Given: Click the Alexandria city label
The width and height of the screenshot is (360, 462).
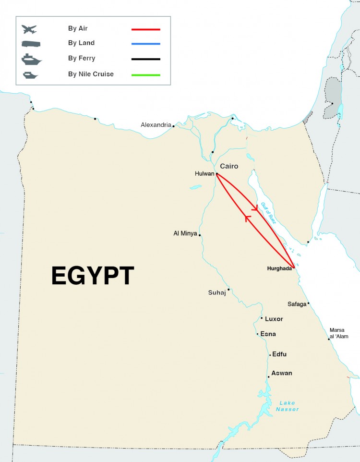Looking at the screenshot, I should tap(156, 125).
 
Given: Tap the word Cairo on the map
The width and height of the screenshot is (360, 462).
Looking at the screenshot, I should tap(229, 166).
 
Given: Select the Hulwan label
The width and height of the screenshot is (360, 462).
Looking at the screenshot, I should tap(204, 174).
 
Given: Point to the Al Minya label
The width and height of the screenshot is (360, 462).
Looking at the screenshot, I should tap(185, 233).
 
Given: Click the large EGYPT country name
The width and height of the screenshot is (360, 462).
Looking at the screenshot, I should tap(93, 276).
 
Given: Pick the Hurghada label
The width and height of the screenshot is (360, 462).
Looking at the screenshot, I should tap(279, 268).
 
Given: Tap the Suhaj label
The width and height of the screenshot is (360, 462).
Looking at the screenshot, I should tap(216, 292).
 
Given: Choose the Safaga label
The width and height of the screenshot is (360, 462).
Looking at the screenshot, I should tap(296, 304).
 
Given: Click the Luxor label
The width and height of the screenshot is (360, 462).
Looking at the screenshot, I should tap(274, 319).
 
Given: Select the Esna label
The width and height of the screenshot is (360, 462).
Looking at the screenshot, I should tap(268, 334).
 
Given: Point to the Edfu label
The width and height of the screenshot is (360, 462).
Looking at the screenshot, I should tap(279, 354).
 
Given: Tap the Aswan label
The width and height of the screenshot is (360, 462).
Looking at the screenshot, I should tap(281, 373).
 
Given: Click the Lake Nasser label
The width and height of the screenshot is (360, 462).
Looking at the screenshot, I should tap(288, 406).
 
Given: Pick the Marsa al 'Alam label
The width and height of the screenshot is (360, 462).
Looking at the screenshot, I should tap(337, 333).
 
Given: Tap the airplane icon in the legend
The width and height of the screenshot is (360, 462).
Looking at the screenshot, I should tap(29, 29).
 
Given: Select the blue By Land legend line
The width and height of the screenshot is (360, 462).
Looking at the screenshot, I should tap(146, 44).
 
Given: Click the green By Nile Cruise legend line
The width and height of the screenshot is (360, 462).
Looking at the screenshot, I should tap(146, 75).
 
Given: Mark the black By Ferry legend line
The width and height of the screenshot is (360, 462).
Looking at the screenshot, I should tap(146, 59).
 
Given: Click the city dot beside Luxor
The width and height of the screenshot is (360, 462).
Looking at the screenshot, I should tap(262, 318).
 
